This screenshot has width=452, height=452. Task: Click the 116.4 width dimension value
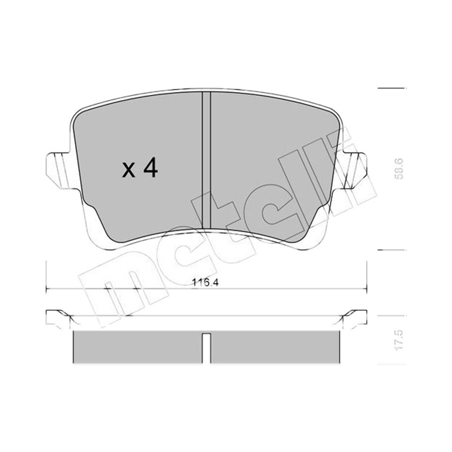point(206,282)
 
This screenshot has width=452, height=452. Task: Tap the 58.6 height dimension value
point(399,169)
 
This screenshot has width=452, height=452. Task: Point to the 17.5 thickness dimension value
point(399,340)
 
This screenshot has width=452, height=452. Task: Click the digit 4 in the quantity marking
point(150,167)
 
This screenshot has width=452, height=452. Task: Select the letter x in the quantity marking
point(129,170)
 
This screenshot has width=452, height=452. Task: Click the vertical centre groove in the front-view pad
point(206,160)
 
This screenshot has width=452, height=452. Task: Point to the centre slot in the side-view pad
point(206,348)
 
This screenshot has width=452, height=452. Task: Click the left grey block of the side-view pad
point(138,347)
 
